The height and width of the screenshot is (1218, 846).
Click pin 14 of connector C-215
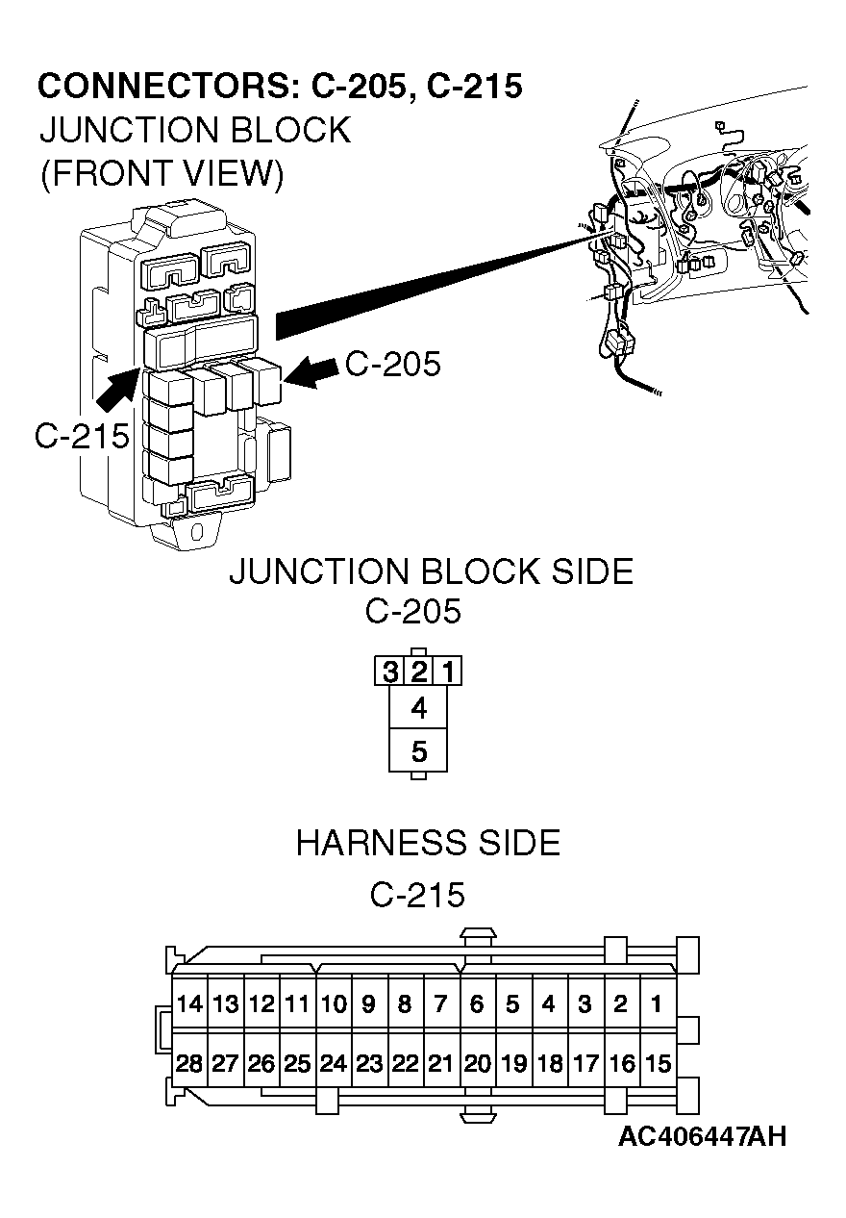coord(189,1004)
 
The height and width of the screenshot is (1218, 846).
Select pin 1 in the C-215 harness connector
coord(657,1004)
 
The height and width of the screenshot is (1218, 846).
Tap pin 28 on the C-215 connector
coord(189,1064)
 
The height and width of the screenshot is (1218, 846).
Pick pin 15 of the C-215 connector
coord(657,1064)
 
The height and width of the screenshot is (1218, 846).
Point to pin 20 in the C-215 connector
coord(477,1064)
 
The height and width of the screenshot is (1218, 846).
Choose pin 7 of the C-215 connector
coord(440,1004)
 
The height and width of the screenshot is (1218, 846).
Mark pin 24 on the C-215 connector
coord(333,1064)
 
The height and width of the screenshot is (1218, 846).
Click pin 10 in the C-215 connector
coord(333,1004)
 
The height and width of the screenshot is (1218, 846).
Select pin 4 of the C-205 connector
coord(418,709)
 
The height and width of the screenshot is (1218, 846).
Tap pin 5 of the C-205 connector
coord(418,751)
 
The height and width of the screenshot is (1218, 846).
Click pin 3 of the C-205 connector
coord(389,671)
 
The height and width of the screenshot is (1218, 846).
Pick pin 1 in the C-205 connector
coord(448,671)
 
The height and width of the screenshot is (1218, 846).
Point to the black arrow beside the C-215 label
coord(117,390)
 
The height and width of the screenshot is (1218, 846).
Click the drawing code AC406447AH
coord(702,1136)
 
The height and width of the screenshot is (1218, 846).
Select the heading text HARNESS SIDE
coord(427,843)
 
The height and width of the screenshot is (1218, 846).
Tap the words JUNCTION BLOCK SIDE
coord(431,571)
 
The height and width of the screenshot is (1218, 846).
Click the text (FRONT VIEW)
coord(162,174)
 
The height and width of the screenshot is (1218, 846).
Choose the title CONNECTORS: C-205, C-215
coord(280,87)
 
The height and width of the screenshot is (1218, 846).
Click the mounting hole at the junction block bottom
coord(197,531)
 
